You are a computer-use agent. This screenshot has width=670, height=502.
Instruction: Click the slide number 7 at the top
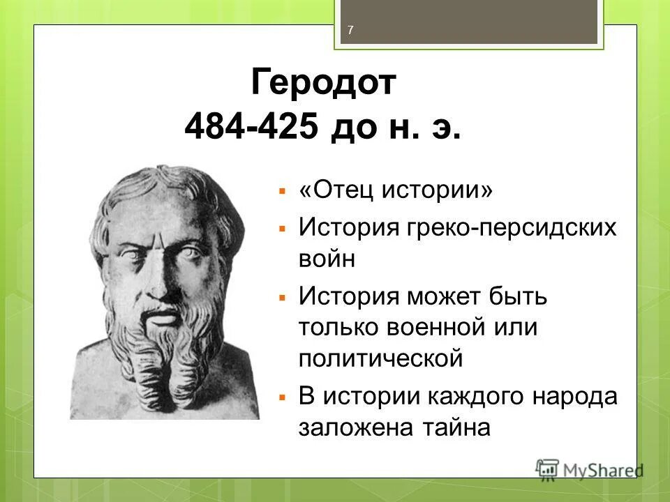coord(350,29)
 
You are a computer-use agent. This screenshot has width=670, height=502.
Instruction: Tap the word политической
coord(381,358)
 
